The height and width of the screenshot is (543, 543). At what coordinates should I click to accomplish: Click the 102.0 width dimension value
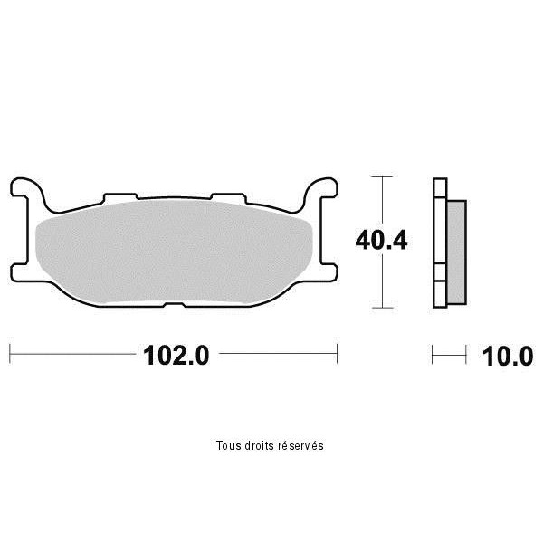(176, 356)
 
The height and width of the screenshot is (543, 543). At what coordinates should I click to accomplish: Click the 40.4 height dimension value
(381, 241)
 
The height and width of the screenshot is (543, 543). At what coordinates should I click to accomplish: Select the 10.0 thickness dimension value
(508, 357)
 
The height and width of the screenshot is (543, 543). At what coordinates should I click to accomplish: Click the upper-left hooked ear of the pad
(27, 189)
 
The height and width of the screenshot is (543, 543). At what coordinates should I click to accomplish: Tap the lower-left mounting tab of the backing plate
(20, 273)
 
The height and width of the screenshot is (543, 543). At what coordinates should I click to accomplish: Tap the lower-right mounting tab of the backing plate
(329, 273)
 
